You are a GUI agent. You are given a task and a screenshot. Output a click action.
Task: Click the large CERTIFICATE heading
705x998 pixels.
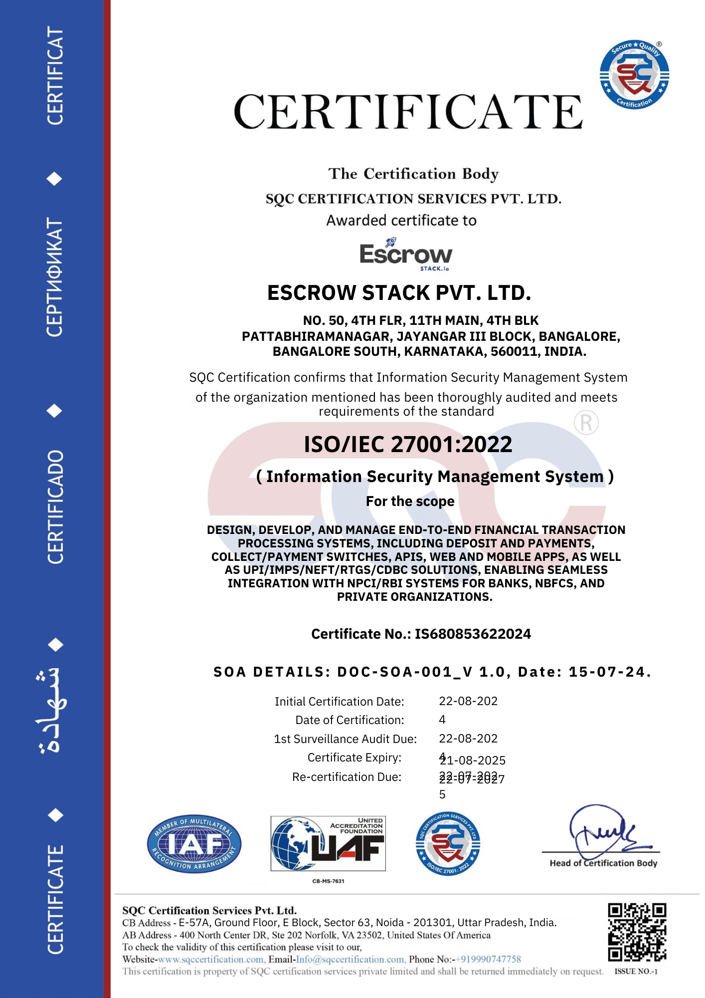coord(408,112)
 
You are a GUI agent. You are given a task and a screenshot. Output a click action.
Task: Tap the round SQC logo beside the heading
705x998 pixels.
coord(634,75)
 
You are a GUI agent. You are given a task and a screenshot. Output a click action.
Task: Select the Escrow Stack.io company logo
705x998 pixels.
coord(406,254)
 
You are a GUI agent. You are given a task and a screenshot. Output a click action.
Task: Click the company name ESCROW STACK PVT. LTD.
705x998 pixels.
coord(399,293)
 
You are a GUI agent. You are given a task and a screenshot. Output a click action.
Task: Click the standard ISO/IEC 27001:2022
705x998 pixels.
coord(408,444)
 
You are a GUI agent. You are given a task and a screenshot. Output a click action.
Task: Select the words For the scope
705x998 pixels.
coord(410,501)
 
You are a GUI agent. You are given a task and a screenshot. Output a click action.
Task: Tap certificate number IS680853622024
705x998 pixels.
coord(473,634)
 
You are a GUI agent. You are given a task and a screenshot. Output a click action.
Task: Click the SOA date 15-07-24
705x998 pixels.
coord(609,672)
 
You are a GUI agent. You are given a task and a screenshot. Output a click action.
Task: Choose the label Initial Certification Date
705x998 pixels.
coord(339,702)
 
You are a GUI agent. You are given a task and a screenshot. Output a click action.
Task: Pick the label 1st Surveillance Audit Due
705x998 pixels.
coord(345,739)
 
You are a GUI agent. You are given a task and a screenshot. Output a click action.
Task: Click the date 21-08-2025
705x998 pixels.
coord(473,760)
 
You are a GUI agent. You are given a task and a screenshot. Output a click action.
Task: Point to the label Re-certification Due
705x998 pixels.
coord(347,777)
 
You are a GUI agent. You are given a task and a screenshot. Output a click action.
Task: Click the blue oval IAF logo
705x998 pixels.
coord(194,844)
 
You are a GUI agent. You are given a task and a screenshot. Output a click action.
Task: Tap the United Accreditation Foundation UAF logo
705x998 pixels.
coord(328,844)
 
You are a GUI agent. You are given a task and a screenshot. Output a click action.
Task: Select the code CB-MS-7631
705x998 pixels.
coord(328,881)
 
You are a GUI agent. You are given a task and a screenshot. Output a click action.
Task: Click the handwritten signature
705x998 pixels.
coord(603,831)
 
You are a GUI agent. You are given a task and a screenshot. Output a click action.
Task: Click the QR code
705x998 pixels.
coord(637,932)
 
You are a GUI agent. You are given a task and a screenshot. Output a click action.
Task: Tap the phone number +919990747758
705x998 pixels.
coord(489,959)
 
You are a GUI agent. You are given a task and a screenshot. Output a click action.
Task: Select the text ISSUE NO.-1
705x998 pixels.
coord(636,972)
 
